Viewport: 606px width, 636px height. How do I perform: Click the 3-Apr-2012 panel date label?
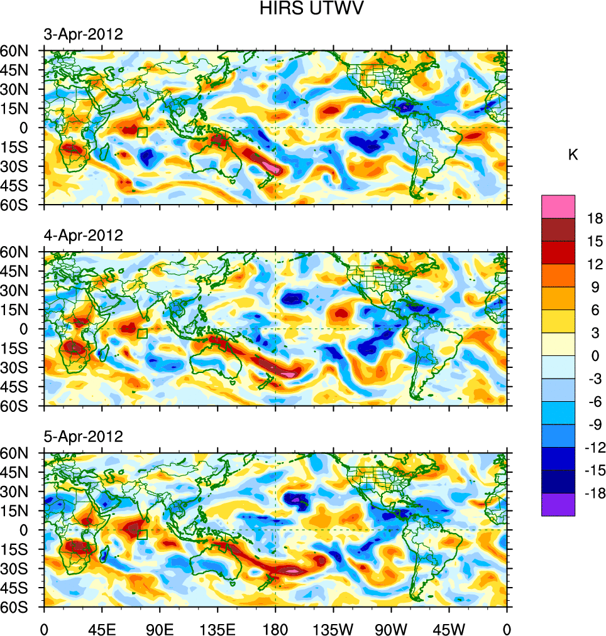coord(83,34)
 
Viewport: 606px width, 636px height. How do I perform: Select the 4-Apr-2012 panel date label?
coord(83,235)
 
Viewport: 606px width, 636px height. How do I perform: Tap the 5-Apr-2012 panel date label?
coord(83,436)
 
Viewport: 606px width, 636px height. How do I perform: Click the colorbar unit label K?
coord(573,155)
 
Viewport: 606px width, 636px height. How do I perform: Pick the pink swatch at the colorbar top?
coord(558,206)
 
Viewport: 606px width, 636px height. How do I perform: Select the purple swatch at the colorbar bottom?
coord(558,505)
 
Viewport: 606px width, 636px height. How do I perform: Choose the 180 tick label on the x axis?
coord(275,628)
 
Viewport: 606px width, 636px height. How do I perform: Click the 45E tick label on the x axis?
coord(102,628)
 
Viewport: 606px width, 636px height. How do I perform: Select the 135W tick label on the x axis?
coord(333,628)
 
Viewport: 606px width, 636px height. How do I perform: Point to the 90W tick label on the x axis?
coord(391,628)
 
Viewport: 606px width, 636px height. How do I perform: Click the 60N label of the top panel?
coord(21,51)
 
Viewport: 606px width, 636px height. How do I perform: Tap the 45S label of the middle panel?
coord(21,386)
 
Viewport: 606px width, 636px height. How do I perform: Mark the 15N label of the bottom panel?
coord(21,510)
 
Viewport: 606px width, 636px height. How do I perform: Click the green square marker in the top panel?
coord(142,132)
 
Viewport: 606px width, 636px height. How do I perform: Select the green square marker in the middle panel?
coord(142,333)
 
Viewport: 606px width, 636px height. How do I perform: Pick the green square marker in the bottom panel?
coord(142,534)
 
